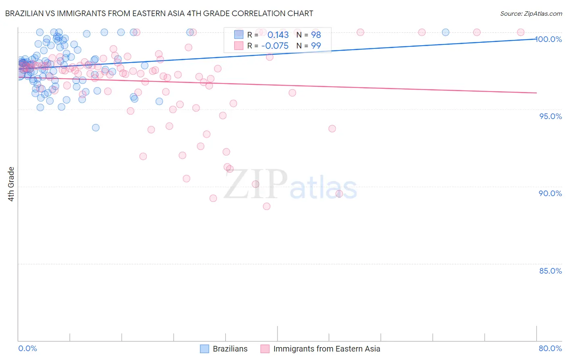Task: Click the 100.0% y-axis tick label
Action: (x=549, y=39)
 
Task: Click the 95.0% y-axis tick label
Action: (x=550, y=116)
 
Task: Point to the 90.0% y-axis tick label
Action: (x=550, y=193)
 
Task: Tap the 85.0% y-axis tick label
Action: (x=550, y=271)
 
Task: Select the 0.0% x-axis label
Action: (x=27, y=348)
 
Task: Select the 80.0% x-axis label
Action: (x=550, y=348)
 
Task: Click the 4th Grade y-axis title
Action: (x=11, y=184)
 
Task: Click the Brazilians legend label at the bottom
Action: (x=230, y=349)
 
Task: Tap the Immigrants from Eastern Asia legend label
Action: (x=327, y=349)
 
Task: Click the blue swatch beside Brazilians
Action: (x=205, y=349)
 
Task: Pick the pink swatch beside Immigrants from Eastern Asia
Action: (x=265, y=349)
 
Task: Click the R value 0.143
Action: (x=278, y=35)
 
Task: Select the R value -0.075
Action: (x=275, y=46)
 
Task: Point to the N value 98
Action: (x=316, y=35)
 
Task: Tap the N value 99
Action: (x=316, y=46)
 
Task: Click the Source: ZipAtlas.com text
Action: (x=531, y=14)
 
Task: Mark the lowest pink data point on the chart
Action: (x=267, y=206)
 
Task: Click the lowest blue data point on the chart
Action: (x=96, y=128)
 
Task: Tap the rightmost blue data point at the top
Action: (x=446, y=32)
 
